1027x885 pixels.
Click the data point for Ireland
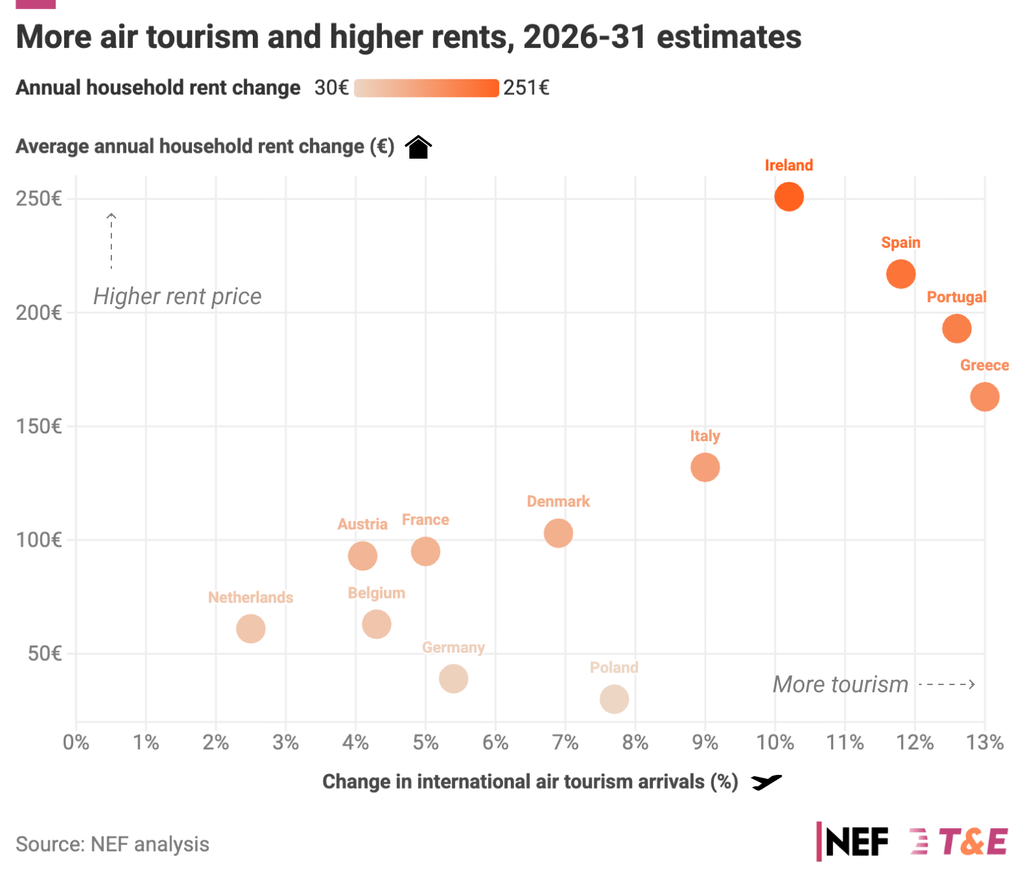tap(789, 197)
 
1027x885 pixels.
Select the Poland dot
tap(614, 699)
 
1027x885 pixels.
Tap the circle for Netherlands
tap(250, 629)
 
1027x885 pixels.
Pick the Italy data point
tap(705, 467)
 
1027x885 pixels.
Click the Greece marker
tap(984, 396)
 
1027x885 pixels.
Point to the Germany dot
tap(453, 678)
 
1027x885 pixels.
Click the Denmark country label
tap(558, 501)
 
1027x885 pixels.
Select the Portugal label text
tap(956, 297)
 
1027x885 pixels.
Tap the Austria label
tap(362, 524)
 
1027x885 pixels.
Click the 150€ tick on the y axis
tap(39, 427)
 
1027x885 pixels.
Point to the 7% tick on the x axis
tap(565, 742)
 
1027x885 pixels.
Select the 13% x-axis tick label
tap(984, 742)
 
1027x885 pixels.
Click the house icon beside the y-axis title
tap(418, 147)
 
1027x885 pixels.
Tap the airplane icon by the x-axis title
tap(766, 782)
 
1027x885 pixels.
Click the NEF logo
tap(852, 841)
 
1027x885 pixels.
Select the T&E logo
tap(958, 841)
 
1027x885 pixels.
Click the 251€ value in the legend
tap(526, 87)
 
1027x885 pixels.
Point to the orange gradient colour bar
tap(426, 88)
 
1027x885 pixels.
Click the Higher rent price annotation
tap(177, 296)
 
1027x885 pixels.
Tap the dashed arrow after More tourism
tap(946, 684)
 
